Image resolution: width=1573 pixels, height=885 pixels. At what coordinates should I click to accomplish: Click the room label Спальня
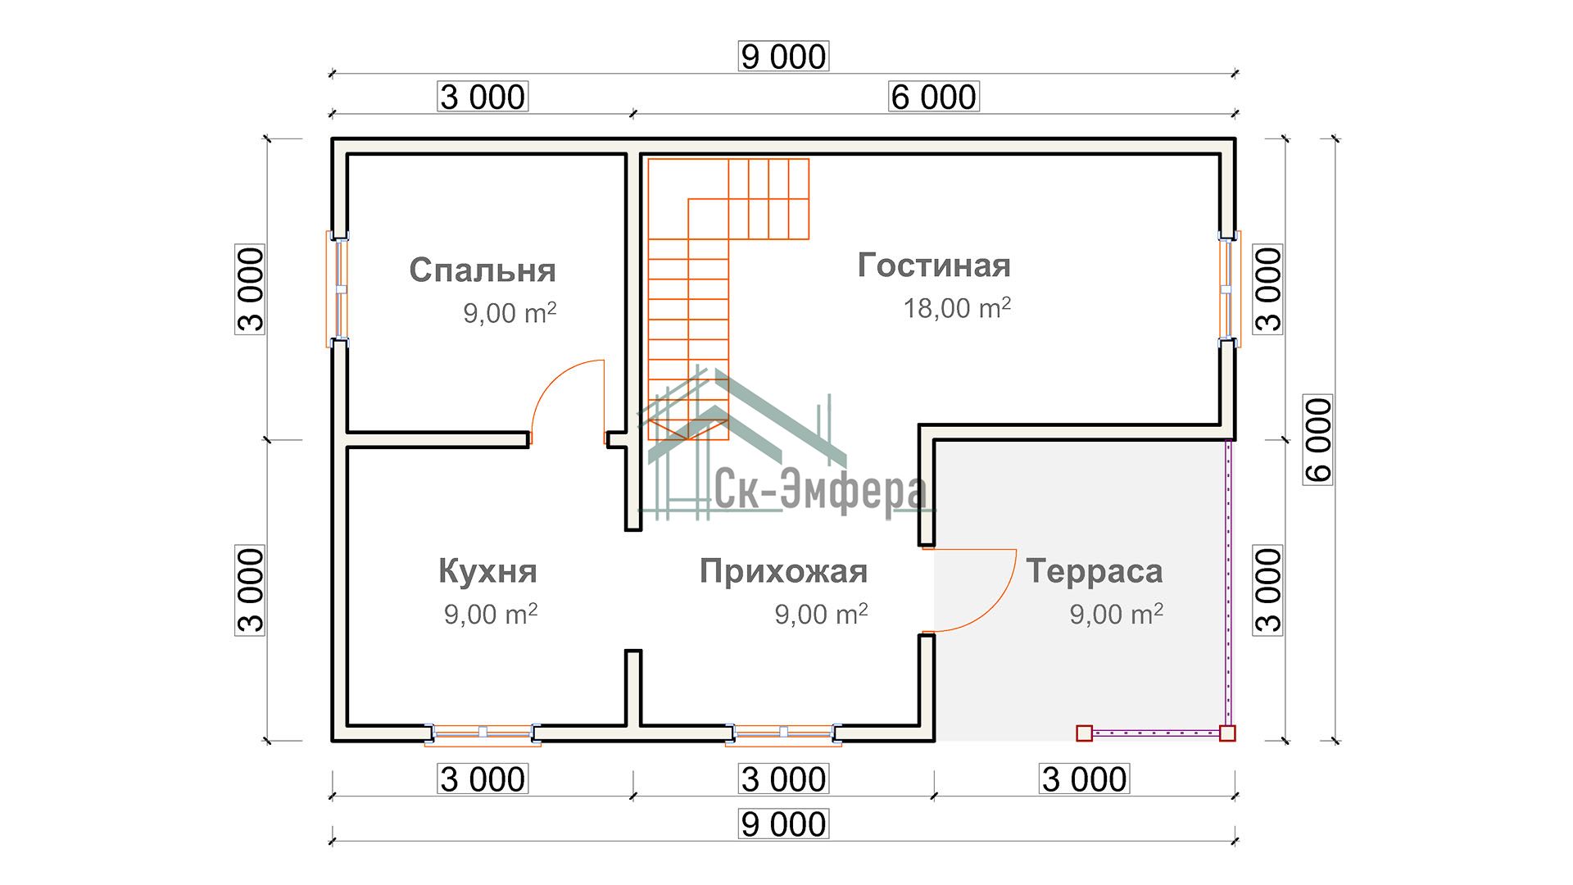(x=482, y=270)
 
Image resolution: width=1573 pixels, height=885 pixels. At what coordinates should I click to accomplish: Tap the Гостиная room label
(x=934, y=265)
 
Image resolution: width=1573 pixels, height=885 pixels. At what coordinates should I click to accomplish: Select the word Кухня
(x=487, y=571)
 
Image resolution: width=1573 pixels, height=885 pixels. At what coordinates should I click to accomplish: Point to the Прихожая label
(x=783, y=571)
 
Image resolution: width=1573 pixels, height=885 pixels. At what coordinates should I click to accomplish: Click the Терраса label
(x=1094, y=571)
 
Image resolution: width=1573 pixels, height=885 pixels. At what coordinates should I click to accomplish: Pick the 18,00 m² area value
(x=956, y=308)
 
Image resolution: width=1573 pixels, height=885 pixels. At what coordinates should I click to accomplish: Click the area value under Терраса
(x=1115, y=614)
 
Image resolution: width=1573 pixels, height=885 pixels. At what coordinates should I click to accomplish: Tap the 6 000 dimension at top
(x=933, y=97)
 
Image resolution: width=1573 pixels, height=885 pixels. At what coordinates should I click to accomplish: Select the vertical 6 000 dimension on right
(x=1317, y=439)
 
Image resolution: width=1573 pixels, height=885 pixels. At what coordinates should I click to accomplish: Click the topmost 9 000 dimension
(x=783, y=57)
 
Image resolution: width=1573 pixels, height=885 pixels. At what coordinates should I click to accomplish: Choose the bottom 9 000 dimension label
(x=783, y=824)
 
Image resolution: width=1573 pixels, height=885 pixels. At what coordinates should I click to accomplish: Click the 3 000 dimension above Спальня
(x=482, y=97)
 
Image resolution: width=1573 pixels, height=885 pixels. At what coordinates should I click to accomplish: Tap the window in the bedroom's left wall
(x=338, y=288)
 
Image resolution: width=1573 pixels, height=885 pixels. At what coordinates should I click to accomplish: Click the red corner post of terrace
(x=1227, y=733)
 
